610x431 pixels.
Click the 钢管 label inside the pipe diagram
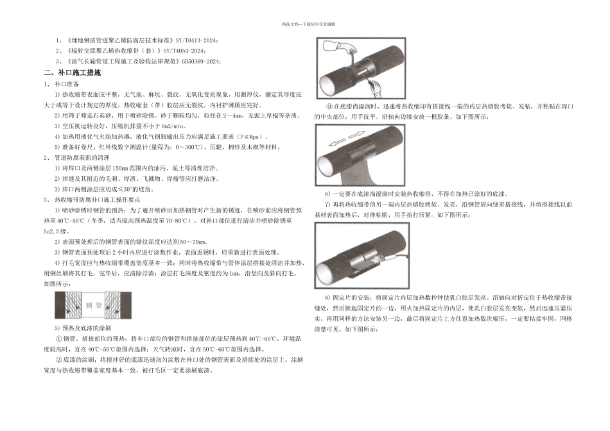pyautogui.click(x=94, y=307)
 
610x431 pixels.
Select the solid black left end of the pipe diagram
pyautogui.click(x=60, y=306)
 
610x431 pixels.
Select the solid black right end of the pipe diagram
pyautogui.click(x=127, y=306)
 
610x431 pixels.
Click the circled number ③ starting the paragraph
pyautogui.click(x=328, y=106)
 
